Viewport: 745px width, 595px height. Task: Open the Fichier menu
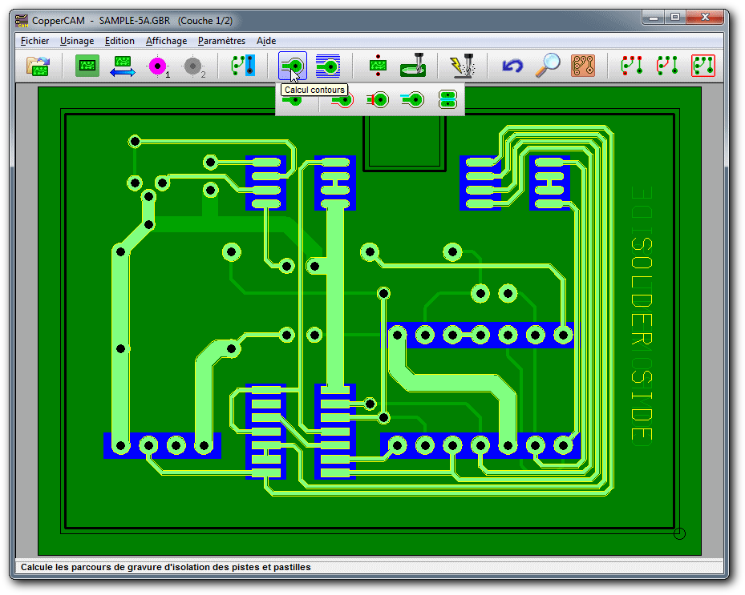click(x=34, y=41)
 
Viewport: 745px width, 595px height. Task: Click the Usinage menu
click(x=76, y=42)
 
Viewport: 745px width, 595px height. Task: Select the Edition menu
click(x=119, y=41)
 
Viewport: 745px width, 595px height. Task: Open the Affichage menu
click(x=166, y=42)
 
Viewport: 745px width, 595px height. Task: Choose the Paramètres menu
click(x=221, y=41)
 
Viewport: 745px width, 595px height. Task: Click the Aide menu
click(x=266, y=41)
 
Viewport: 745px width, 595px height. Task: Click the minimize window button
click(x=654, y=18)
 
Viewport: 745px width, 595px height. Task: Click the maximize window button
click(x=675, y=18)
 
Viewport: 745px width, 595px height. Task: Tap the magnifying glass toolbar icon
click(x=548, y=65)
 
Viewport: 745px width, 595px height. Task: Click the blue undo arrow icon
click(x=512, y=66)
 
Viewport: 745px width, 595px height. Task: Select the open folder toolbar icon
click(x=38, y=66)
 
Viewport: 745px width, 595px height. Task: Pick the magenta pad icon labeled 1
click(x=158, y=66)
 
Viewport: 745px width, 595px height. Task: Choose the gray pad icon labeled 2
click(x=194, y=66)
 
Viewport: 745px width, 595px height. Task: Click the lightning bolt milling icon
click(x=461, y=65)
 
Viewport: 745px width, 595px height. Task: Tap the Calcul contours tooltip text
click(x=314, y=90)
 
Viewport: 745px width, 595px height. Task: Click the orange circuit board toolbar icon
click(x=582, y=66)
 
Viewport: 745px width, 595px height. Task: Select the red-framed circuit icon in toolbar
click(x=703, y=66)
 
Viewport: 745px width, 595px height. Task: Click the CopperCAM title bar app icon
click(x=22, y=21)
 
